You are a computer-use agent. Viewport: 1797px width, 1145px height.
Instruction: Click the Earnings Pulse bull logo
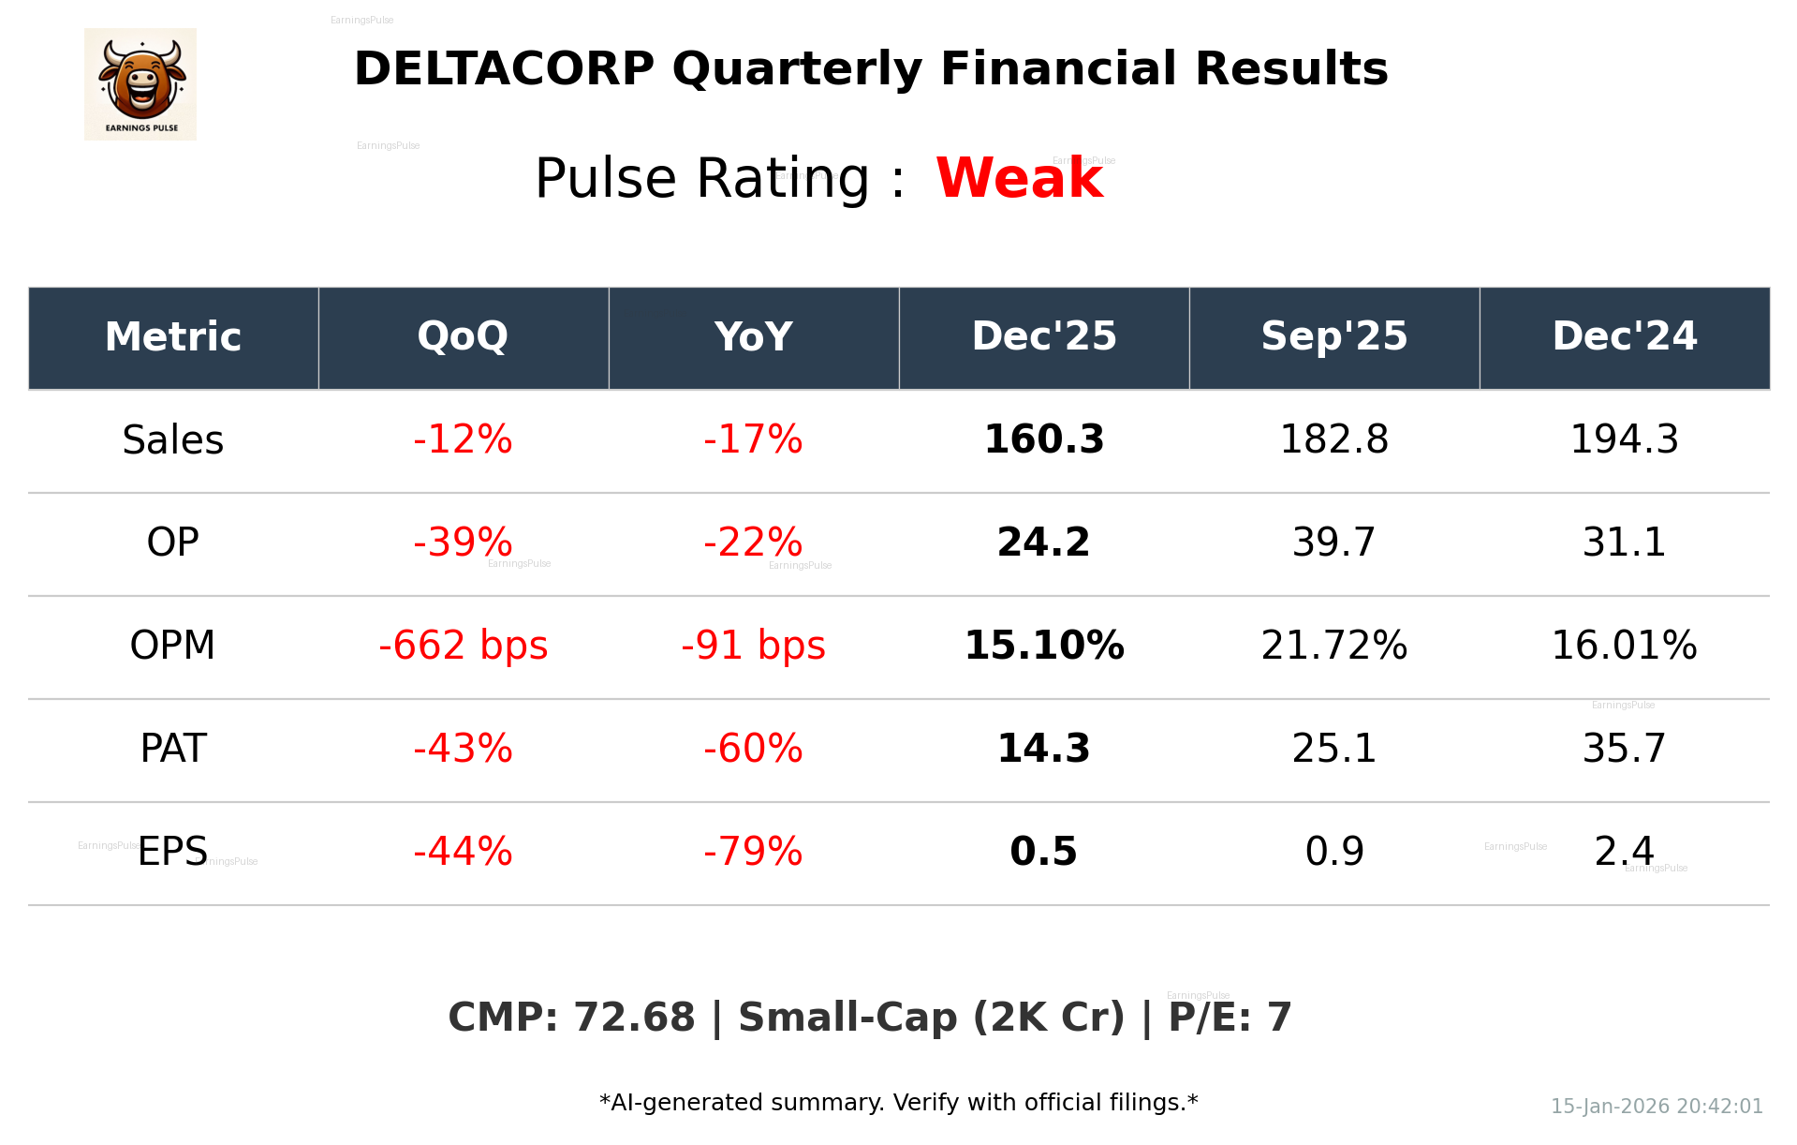(x=140, y=84)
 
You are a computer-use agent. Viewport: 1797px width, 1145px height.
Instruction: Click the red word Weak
(x=1019, y=178)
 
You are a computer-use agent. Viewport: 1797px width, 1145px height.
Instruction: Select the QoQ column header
(x=463, y=336)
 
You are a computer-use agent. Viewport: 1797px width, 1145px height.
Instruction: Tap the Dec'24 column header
(x=1624, y=336)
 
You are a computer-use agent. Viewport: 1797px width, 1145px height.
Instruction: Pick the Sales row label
(x=173, y=439)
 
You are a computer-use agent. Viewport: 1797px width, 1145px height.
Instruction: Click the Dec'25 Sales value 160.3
(x=1043, y=439)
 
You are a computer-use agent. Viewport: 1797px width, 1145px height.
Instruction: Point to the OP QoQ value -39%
(x=463, y=543)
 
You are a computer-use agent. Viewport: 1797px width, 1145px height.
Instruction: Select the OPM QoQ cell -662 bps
(x=463, y=646)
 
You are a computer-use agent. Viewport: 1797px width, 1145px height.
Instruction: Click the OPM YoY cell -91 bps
(x=753, y=646)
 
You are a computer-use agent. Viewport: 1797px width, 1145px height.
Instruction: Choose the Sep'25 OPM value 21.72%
(x=1333, y=646)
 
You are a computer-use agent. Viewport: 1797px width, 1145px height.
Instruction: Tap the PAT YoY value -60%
(x=753, y=749)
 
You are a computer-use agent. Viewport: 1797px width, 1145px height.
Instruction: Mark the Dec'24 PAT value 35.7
(x=1624, y=749)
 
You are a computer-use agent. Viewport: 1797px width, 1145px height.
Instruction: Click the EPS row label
(x=173, y=852)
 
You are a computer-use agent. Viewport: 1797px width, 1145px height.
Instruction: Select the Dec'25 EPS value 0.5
(x=1043, y=852)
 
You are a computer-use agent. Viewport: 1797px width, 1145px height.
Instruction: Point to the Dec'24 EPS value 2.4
(x=1624, y=852)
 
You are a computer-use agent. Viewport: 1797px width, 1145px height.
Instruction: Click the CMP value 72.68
(x=633, y=1018)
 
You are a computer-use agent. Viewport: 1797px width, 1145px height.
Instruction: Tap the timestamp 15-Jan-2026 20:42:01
(x=1656, y=1107)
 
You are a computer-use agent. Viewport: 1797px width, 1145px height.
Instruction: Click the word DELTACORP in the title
(x=504, y=69)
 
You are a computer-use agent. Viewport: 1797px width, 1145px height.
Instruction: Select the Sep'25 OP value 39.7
(x=1333, y=543)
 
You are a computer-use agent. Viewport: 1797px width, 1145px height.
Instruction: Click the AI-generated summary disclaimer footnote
(x=898, y=1103)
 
